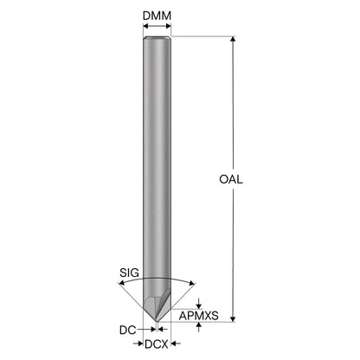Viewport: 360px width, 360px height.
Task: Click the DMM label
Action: pos(157,16)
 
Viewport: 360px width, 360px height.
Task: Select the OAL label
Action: pos(231,179)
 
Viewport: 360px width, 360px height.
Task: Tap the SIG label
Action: pos(129,273)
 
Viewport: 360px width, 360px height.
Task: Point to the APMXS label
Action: pos(199,316)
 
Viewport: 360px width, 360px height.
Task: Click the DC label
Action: pos(127,330)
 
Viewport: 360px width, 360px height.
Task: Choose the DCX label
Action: pos(157,344)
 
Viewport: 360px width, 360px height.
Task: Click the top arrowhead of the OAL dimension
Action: pos(233,39)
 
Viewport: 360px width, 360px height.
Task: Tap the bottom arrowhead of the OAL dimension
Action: pos(233,318)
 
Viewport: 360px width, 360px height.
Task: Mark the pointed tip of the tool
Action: pos(157,321)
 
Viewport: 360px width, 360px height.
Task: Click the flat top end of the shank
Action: pos(157,37)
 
